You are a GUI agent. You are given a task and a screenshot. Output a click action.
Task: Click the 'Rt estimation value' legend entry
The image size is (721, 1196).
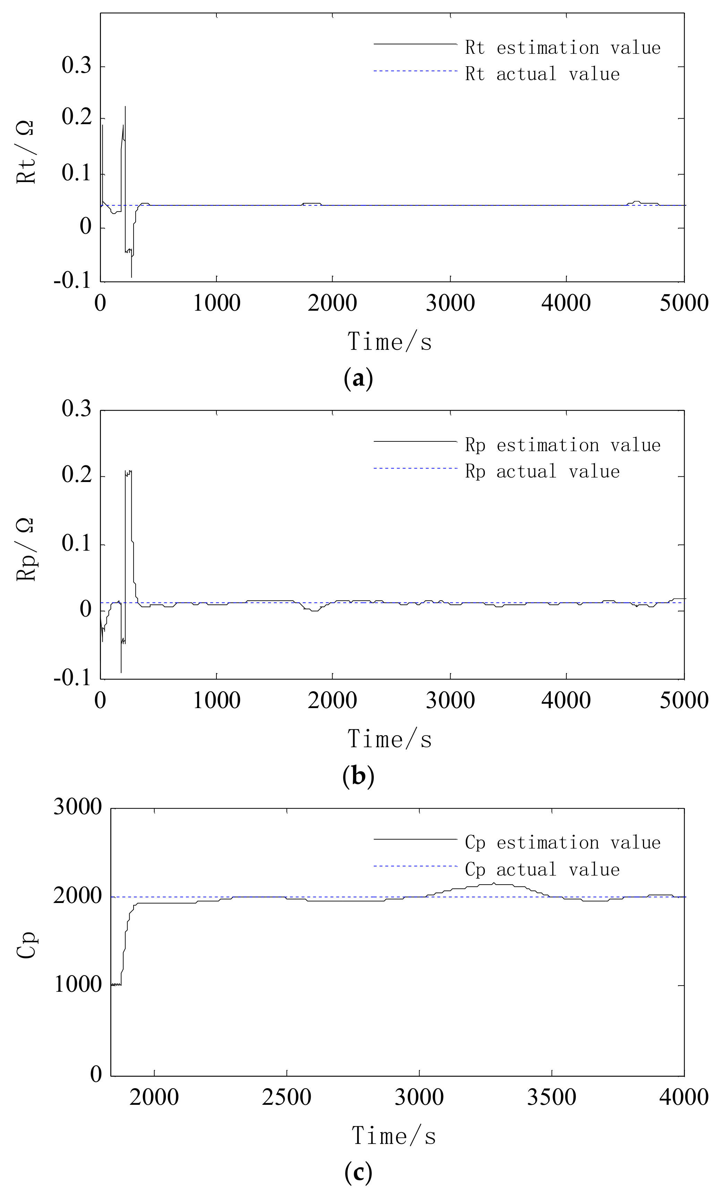(x=562, y=48)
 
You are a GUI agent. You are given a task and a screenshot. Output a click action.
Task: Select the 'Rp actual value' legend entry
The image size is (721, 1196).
(x=542, y=471)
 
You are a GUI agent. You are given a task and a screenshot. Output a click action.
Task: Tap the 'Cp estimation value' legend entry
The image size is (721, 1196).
(x=562, y=842)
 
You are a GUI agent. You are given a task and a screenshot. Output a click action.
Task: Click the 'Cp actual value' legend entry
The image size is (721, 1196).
(x=542, y=869)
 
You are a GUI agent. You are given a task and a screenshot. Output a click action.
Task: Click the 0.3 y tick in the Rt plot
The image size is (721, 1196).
(x=76, y=66)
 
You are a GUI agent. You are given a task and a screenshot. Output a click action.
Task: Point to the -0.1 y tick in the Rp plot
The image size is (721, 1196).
(x=72, y=678)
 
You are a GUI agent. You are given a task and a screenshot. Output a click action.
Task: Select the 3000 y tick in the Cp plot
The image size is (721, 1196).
(x=77, y=807)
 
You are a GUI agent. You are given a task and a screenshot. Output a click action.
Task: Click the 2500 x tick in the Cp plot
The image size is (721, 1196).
(x=286, y=1097)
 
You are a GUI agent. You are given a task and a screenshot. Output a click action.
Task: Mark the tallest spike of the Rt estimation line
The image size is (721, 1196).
(x=125, y=107)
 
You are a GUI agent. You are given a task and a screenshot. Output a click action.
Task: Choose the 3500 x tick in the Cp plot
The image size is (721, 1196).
(x=551, y=1097)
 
